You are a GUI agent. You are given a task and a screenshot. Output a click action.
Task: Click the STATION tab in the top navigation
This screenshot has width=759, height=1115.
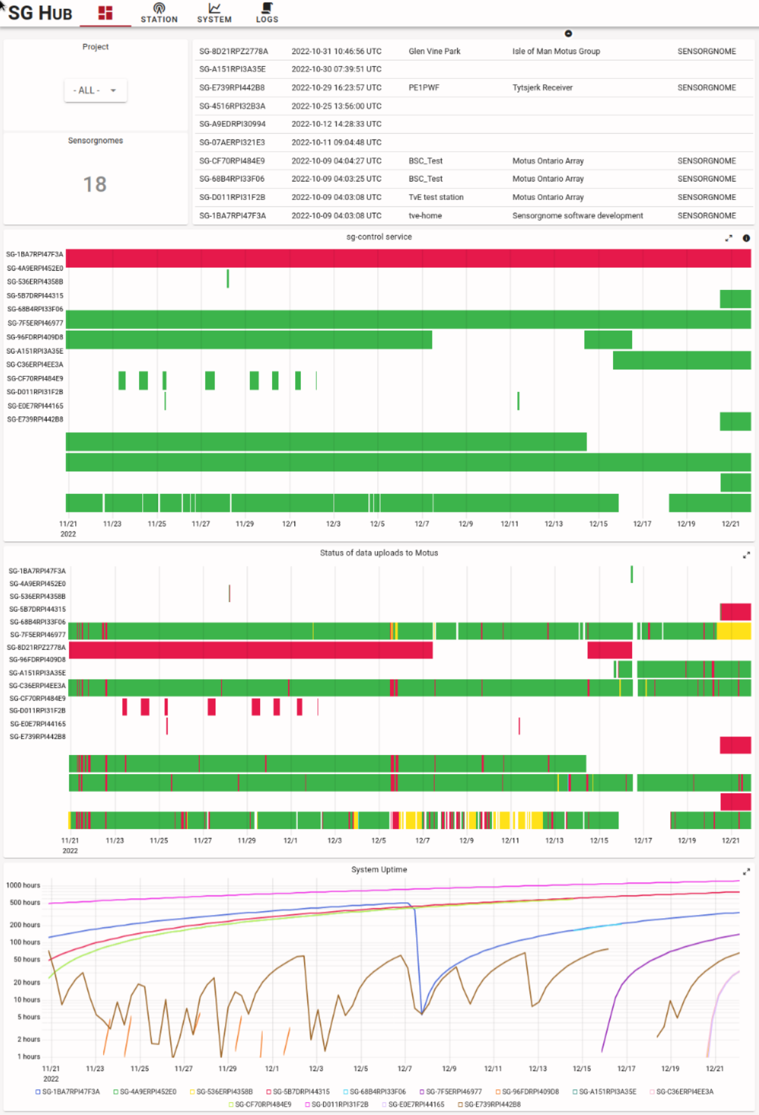point(159,12)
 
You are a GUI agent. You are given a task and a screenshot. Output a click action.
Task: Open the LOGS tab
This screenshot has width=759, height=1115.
point(267,12)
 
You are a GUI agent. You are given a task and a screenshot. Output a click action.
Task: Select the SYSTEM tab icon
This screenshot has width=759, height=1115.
point(214,8)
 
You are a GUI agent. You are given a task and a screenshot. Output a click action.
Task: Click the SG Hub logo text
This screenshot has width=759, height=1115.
point(40,13)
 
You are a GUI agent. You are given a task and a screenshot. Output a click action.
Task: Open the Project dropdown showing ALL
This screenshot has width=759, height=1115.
point(95,90)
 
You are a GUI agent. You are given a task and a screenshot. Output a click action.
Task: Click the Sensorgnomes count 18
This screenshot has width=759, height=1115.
point(95,185)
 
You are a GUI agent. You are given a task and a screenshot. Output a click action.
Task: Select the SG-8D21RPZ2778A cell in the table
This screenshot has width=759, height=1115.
point(233,52)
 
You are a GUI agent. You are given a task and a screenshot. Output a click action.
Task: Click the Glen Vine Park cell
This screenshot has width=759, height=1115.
point(434,52)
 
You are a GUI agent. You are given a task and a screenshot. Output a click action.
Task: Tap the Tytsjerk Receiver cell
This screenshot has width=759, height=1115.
point(542,88)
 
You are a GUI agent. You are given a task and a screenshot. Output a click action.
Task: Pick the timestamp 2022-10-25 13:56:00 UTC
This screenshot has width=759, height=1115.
point(336,106)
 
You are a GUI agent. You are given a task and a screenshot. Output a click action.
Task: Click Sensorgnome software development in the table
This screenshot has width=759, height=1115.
point(577,216)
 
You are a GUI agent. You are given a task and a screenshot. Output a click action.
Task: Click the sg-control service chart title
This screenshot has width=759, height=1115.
point(379,237)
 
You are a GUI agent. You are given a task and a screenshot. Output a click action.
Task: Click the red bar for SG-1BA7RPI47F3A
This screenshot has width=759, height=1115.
point(408,258)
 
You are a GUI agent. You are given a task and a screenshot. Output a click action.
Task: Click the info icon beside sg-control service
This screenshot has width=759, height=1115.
point(746,238)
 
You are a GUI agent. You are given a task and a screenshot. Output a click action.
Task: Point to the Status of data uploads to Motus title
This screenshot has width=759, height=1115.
point(379,553)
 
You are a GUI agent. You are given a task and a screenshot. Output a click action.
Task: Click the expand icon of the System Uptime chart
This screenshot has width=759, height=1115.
point(746,872)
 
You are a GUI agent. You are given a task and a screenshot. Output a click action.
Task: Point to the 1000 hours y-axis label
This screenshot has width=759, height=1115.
point(23,886)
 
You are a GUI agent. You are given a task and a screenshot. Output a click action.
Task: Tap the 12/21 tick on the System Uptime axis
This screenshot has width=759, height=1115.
point(714,1068)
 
